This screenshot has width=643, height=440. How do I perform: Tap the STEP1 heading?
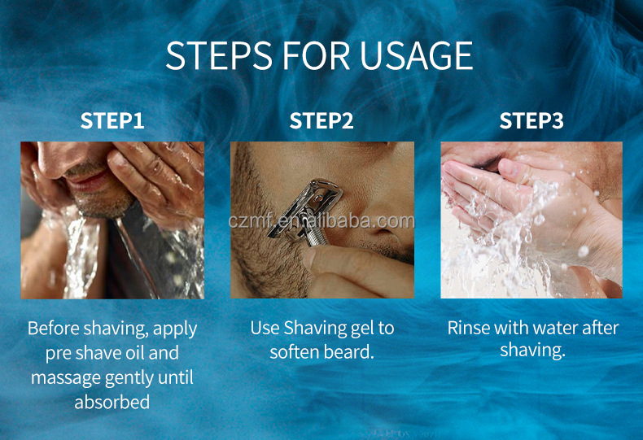(x=112, y=121)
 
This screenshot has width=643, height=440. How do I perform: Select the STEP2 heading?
(x=321, y=121)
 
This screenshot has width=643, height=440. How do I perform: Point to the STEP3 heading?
(x=531, y=121)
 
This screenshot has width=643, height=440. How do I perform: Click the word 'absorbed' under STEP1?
(x=112, y=403)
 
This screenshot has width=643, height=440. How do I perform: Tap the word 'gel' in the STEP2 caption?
(x=357, y=329)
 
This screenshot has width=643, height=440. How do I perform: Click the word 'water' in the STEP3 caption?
(x=557, y=329)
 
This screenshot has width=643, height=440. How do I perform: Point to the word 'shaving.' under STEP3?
(x=532, y=351)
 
